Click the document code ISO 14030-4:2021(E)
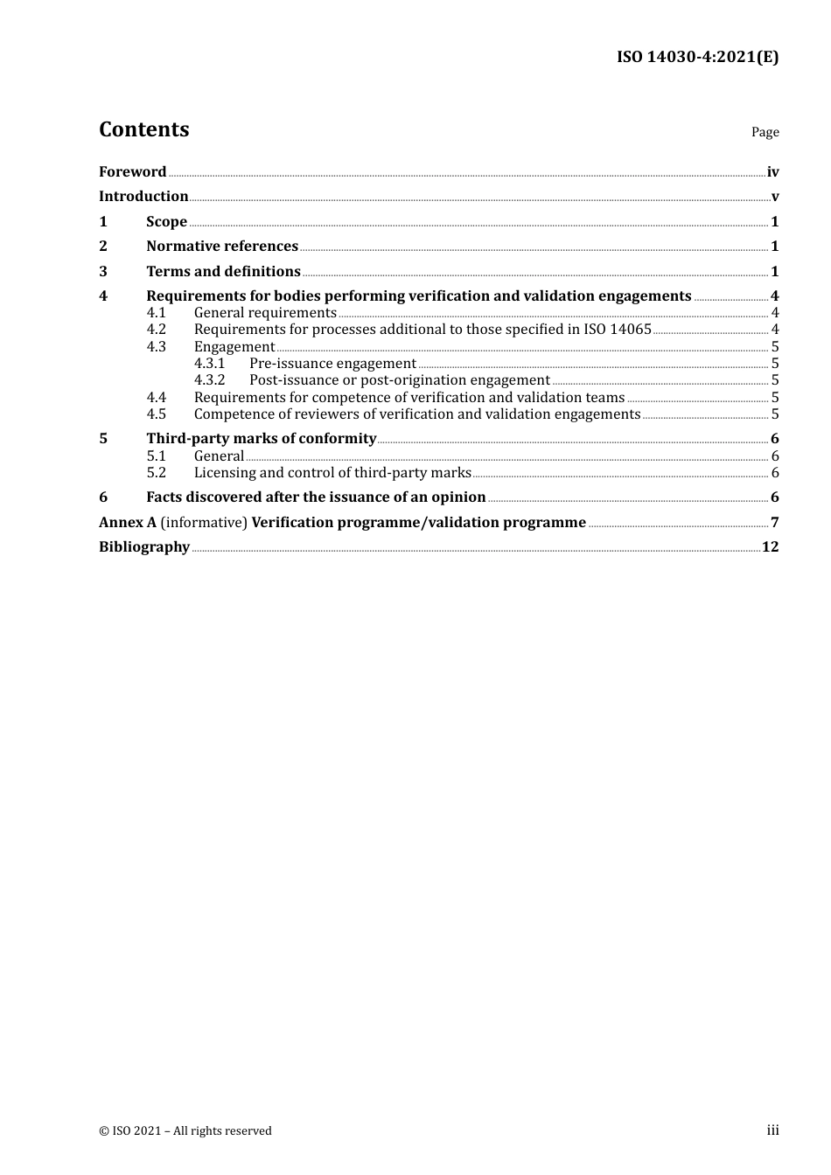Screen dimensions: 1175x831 point(697,58)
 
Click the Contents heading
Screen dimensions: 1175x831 point(143,129)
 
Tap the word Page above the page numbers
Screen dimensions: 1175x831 point(765,132)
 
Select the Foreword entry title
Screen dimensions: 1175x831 point(132,172)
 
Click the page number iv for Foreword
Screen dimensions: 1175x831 point(772,172)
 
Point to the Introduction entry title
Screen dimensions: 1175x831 point(143,197)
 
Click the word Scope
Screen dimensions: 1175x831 point(166,222)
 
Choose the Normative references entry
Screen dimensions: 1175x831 point(222,247)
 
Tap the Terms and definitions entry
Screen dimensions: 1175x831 point(223,272)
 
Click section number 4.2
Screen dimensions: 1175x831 point(156,330)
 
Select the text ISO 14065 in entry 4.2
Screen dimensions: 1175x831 point(618,330)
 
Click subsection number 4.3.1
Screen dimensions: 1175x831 point(209,364)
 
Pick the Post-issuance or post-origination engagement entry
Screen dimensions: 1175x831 point(399,380)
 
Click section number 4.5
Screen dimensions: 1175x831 point(156,414)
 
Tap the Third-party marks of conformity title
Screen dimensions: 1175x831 point(261,439)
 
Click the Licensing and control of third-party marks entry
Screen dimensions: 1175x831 point(332,473)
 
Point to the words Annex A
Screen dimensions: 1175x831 point(127,523)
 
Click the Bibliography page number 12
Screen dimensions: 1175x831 point(770,547)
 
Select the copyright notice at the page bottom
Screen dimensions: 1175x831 point(185,1131)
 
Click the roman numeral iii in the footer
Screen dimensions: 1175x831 point(772,1130)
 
